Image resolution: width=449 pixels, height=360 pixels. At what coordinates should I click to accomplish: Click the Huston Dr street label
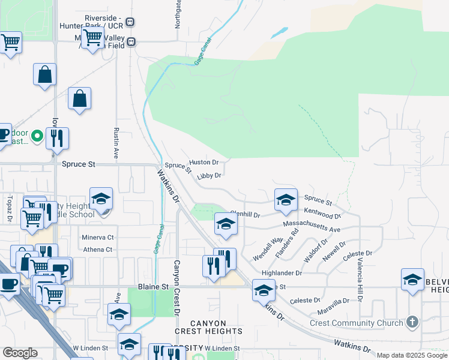[x=203, y=163]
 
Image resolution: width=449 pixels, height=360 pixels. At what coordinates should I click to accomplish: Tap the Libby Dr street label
[x=209, y=176]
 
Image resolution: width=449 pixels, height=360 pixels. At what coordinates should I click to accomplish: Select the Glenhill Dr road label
[x=245, y=214]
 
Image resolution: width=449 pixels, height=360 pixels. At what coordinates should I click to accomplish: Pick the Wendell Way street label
[x=268, y=249]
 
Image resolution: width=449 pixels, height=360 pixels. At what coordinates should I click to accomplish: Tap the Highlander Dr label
[x=282, y=272]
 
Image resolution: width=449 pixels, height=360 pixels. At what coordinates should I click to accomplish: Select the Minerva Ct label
[x=98, y=238]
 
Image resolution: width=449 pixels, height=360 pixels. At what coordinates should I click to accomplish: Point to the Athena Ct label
[x=98, y=250]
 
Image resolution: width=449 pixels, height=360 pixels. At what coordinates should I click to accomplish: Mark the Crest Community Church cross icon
[x=411, y=323]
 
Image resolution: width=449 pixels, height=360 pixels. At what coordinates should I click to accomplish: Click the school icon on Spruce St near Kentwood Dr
[x=286, y=200]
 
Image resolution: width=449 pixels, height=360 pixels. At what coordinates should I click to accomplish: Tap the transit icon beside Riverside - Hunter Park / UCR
[x=130, y=22]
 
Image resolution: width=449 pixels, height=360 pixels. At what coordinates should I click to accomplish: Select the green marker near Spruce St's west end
[x=37, y=137]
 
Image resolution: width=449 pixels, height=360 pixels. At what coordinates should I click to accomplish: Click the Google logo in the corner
[x=20, y=353]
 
